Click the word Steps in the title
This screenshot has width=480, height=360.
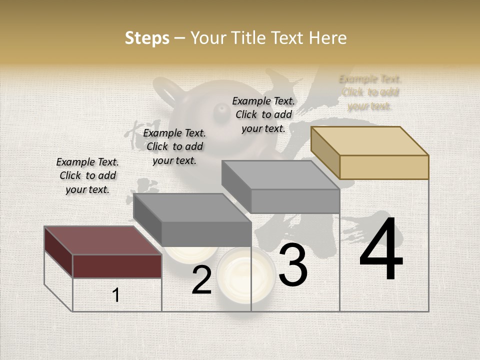(x=147, y=38)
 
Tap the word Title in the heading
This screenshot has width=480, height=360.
(x=250, y=38)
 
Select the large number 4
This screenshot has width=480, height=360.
(x=381, y=250)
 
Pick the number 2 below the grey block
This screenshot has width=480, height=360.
(x=201, y=280)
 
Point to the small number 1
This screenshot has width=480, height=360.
(x=116, y=295)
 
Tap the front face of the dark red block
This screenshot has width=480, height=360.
(x=117, y=266)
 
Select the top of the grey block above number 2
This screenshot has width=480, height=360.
(x=192, y=207)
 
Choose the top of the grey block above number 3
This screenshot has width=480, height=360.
(x=281, y=175)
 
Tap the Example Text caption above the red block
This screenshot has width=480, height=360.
(x=87, y=175)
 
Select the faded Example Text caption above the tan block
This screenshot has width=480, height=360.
(x=370, y=92)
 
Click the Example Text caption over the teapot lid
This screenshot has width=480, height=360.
(x=263, y=114)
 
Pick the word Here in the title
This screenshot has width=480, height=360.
(x=328, y=38)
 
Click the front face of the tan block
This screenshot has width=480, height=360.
(x=384, y=167)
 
